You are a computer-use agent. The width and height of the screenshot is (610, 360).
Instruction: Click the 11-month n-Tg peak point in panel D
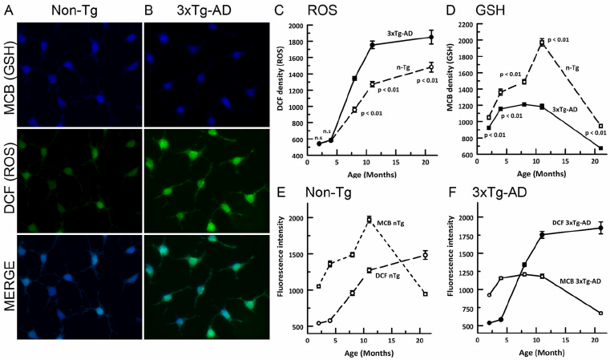(x=542, y=42)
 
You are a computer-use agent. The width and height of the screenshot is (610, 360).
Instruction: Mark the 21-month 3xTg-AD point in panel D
(x=600, y=148)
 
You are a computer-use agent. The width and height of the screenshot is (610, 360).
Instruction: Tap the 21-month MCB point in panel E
(x=425, y=294)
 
